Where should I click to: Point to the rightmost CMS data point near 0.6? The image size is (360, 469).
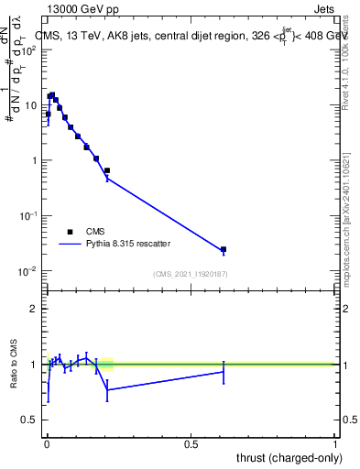224,249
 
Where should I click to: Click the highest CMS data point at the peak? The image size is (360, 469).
52,94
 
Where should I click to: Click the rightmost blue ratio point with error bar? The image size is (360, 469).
224,371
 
